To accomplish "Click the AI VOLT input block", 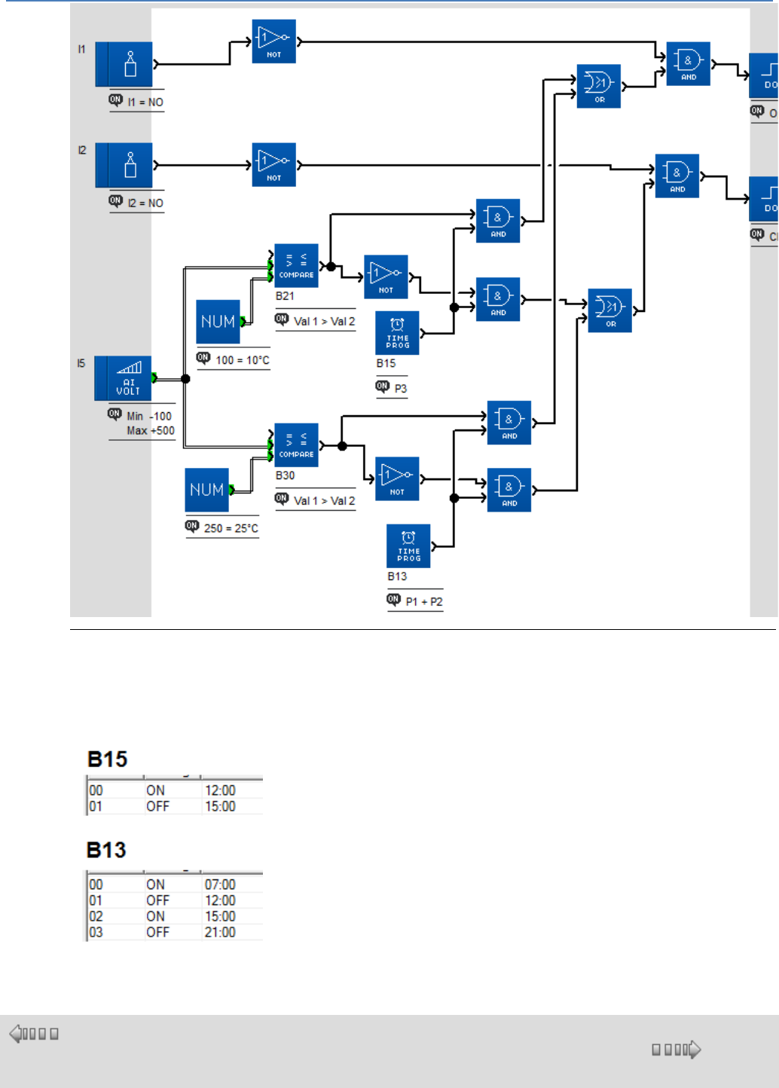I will (x=124, y=378).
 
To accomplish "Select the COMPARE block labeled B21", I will (x=296, y=265).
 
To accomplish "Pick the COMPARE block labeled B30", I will (x=296, y=445).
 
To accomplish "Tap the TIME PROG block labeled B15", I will (x=397, y=333).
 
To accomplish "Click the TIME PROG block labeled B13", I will (x=408, y=546).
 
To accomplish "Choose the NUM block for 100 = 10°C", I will (x=218, y=322).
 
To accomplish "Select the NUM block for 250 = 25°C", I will (x=206, y=490).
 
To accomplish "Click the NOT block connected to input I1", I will (x=273, y=41).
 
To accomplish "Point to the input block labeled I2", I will (x=124, y=165).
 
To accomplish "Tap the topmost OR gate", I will (x=599, y=86).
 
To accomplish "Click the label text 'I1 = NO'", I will (x=145, y=102).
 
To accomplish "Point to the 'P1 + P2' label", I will (x=424, y=601).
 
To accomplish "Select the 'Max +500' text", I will (x=151, y=431).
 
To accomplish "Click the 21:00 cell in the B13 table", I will (x=220, y=932).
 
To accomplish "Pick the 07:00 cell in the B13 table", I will (x=220, y=885).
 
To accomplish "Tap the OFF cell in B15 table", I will (x=157, y=806).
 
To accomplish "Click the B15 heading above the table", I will (x=108, y=759).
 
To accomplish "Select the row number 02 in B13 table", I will (x=96, y=916).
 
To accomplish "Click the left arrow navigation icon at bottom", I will (x=16, y=1034).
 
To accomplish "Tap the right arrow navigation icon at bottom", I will (x=695, y=1049).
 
